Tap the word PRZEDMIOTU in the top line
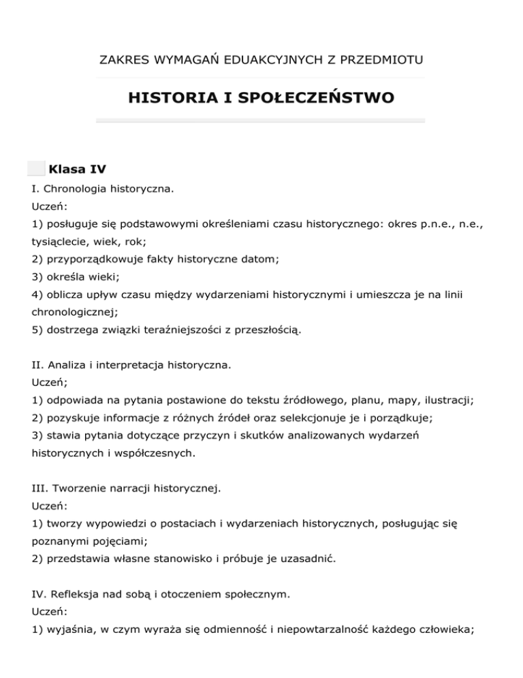click(381, 61)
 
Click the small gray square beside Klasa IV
click(37, 168)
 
